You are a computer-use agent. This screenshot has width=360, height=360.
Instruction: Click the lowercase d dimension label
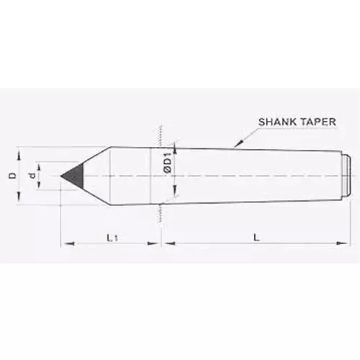click(32, 176)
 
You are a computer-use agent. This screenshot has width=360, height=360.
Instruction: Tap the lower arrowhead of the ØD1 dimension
click(174, 199)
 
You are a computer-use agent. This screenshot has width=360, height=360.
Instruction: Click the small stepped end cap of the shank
click(347, 175)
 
